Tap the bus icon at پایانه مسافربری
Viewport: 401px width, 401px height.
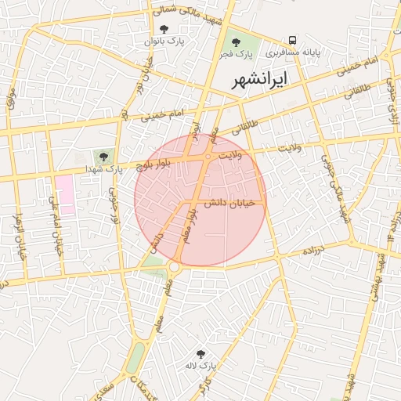pyautogui.click(x=292, y=40)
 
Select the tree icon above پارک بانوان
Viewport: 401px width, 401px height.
pyautogui.click(x=162, y=28)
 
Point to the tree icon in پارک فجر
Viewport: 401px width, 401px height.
pyautogui.click(x=235, y=42)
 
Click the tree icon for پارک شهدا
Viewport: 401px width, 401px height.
pyautogui.click(x=103, y=157)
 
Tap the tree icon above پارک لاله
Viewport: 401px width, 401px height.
pyautogui.click(x=200, y=354)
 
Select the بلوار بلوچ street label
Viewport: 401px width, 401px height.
pyautogui.click(x=154, y=164)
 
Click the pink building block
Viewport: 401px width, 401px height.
pyautogui.click(x=64, y=194)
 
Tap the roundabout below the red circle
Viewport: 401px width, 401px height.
pyautogui.click(x=174, y=268)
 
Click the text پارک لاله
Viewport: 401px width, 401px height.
pyautogui.click(x=200, y=366)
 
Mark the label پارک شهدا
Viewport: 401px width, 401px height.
pyautogui.click(x=105, y=169)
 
